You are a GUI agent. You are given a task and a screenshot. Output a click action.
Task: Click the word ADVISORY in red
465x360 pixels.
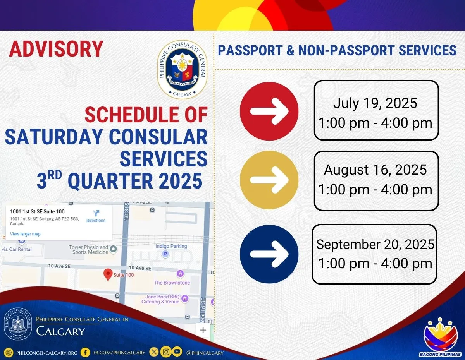(56, 49)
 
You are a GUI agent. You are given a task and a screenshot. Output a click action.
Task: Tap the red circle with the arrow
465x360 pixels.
(269, 111)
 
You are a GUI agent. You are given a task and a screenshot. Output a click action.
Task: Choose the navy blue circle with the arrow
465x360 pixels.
(269, 254)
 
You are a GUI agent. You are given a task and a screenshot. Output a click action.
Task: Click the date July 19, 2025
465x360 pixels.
(375, 103)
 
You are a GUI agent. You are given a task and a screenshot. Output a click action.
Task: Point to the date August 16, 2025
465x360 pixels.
(375, 170)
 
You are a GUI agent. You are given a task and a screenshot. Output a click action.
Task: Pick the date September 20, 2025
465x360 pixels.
(375, 244)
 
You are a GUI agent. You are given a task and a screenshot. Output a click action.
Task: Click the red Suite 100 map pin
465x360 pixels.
(109, 274)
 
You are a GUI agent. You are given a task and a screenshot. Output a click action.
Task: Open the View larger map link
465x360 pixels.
(25, 234)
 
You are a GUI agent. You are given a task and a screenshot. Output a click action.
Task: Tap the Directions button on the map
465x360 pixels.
(96, 216)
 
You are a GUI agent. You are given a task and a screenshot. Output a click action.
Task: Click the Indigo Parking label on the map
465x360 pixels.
(171, 246)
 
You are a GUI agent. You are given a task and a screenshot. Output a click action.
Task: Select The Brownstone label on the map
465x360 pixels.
(172, 283)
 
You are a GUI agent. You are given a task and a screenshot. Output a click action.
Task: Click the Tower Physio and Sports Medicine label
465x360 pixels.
(89, 250)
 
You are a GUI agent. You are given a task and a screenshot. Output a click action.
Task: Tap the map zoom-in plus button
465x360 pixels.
(203, 330)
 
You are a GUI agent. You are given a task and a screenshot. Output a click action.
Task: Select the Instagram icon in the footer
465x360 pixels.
(165, 352)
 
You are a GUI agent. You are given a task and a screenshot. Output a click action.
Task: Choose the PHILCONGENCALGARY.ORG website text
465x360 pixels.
(47, 353)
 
